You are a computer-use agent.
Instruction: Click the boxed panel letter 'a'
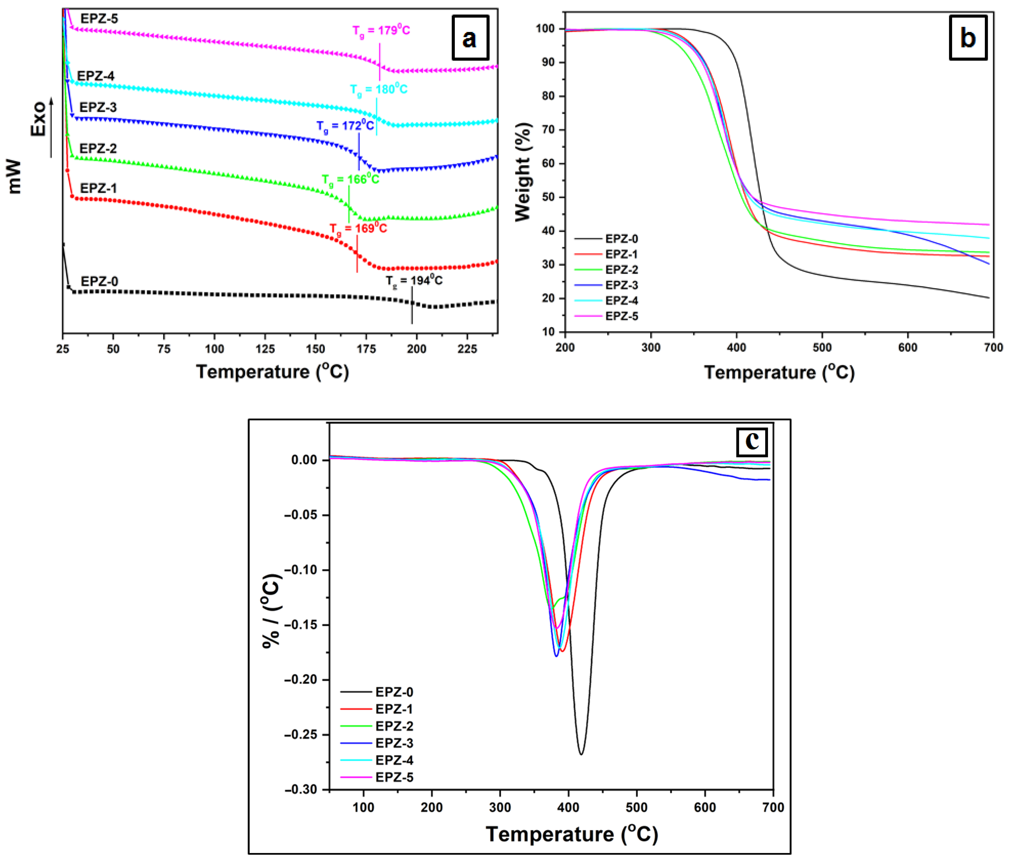coord(470,38)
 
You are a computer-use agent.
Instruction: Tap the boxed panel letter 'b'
coord(968,38)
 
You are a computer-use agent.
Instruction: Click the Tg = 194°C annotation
coord(414,280)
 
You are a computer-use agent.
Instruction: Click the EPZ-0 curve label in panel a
coord(100,281)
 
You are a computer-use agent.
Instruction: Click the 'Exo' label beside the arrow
coord(38,119)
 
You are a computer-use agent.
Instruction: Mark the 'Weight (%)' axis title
coord(523,172)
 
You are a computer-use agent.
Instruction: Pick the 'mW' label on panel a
coord(15,176)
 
